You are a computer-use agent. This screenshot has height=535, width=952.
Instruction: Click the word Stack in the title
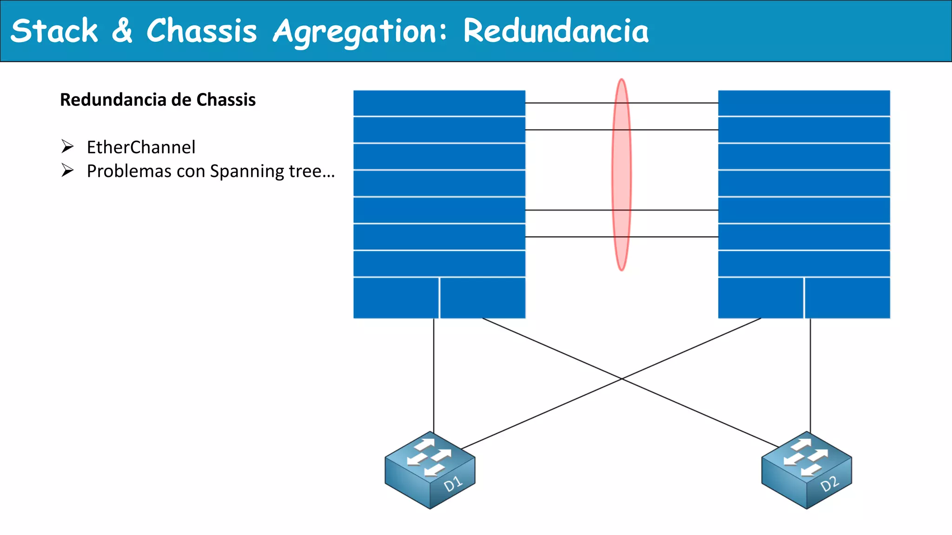click(54, 31)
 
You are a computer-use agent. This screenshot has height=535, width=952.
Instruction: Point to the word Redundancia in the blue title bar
click(555, 31)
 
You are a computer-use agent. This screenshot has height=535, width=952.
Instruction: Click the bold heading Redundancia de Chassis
click(158, 100)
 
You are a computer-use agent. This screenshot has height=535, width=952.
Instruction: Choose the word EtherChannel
click(141, 147)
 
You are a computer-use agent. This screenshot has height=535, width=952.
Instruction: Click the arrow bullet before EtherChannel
click(67, 147)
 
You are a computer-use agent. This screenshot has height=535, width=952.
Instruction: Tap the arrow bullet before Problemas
click(67, 171)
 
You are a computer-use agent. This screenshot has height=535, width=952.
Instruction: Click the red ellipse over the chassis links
click(621, 174)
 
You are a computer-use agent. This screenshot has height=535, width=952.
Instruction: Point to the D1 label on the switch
click(453, 484)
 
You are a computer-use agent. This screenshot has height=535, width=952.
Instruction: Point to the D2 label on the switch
click(829, 484)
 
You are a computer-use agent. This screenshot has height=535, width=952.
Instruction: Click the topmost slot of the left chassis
click(439, 103)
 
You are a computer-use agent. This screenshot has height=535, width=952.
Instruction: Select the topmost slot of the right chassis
click(804, 103)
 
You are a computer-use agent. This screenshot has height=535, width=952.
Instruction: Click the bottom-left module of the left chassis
click(396, 298)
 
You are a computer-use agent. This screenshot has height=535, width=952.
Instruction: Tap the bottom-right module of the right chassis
click(847, 298)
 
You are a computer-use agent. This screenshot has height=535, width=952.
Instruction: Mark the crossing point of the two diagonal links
click(622, 379)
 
